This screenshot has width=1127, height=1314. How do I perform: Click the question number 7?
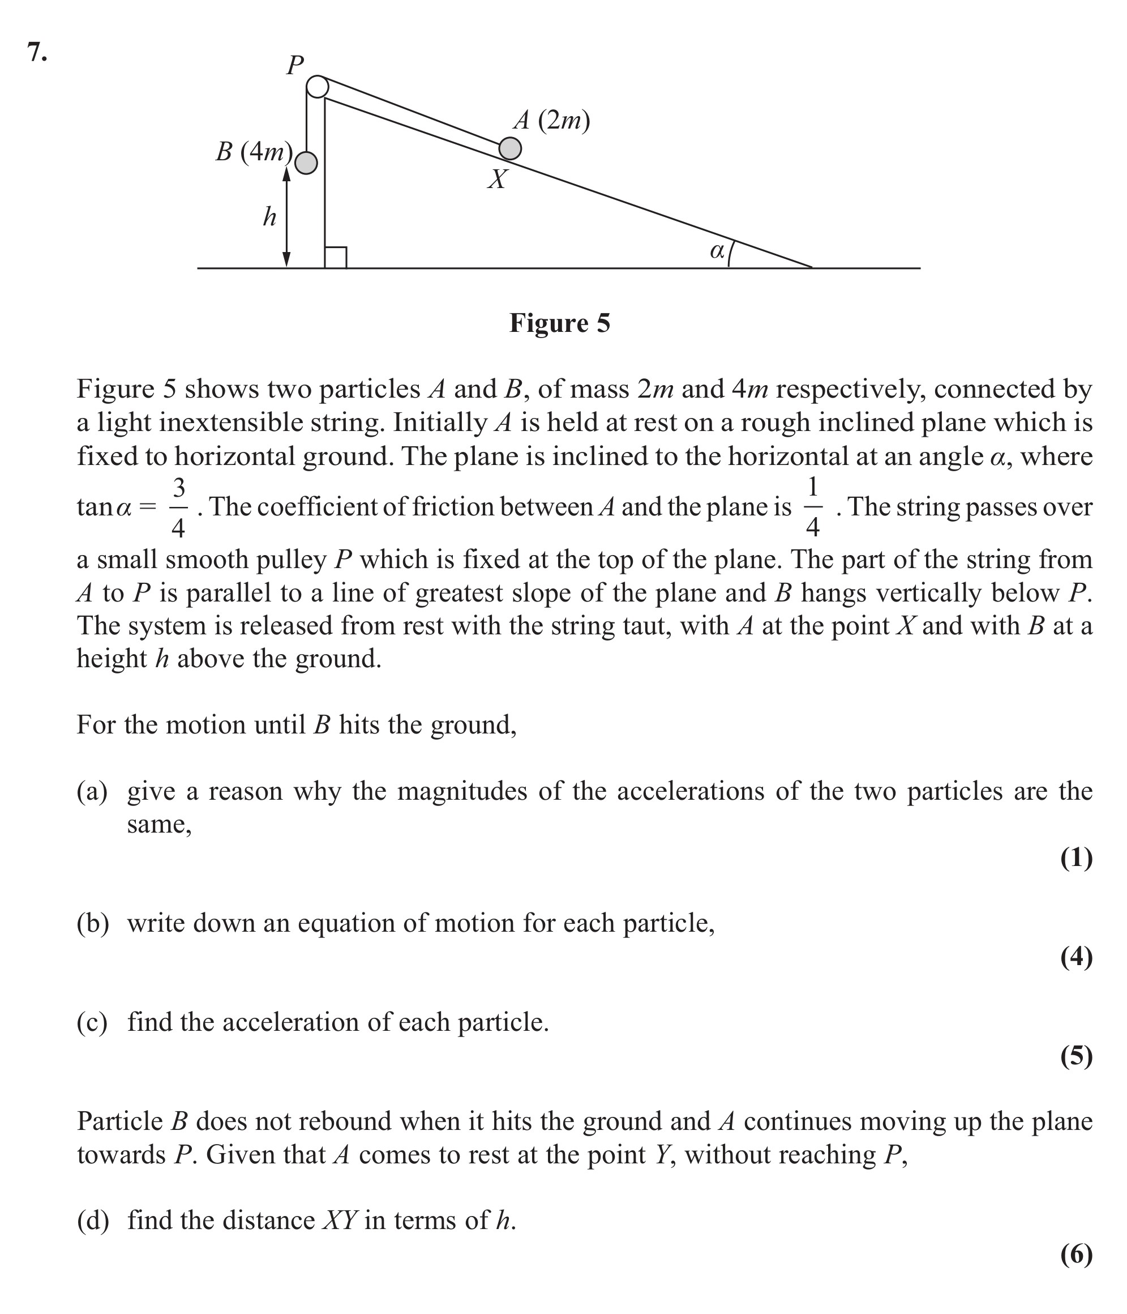click(x=37, y=52)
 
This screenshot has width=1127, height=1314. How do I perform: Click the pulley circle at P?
click(x=318, y=86)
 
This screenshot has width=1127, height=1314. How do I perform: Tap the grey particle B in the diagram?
click(x=306, y=163)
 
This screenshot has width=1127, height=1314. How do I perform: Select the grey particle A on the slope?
click(x=510, y=148)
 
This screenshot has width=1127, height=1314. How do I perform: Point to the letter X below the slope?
click(x=498, y=180)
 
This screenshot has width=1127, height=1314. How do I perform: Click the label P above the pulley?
click(x=295, y=65)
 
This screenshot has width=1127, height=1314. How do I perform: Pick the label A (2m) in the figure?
click(x=551, y=120)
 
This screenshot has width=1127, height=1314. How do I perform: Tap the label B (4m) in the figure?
click(x=254, y=152)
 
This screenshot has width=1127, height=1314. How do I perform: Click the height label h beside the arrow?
click(x=269, y=217)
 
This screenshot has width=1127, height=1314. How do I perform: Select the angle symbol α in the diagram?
click(x=717, y=251)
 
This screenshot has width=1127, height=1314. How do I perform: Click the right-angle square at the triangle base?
click(x=335, y=258)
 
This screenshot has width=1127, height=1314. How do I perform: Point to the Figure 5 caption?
click(x=560, y=323)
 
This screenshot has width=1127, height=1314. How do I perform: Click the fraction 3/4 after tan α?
click(x=179, y=507)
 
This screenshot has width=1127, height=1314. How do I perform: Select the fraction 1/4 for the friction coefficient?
click(x=813, y=507)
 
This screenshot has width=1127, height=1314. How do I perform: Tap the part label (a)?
click(x=92, y=791)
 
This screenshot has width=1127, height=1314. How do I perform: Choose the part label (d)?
click(x=92, y=1220)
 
